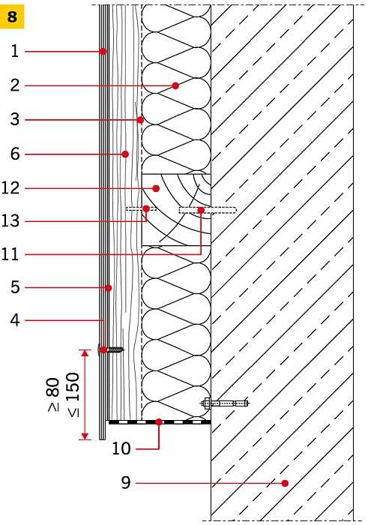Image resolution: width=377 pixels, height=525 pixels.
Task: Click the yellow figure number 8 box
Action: pyautogui.click(x=12, y=16)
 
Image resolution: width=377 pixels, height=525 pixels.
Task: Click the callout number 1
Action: pyautogui.click(x=15, y=51)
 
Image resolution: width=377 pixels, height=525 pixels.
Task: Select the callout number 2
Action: pyautogui.click(x=15, y=85)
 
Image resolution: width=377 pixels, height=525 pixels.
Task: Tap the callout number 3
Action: pyautogui.click(x=15, y=119)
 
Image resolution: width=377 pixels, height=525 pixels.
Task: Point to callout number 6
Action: pyautogui.click(x=15, y=154)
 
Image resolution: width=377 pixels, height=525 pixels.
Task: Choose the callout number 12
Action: pyautogui.click(x=10, y=187)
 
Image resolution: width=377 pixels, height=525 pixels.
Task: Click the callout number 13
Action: pyautogui.click(x=10, y=221)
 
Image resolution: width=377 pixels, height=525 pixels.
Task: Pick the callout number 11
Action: pyautogui.click(x=10, y=254)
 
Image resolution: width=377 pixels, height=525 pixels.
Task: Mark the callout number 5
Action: pyautogui.click(x=15, y=287)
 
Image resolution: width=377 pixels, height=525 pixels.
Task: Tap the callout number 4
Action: pyautogui.click(x=15, y=320)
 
